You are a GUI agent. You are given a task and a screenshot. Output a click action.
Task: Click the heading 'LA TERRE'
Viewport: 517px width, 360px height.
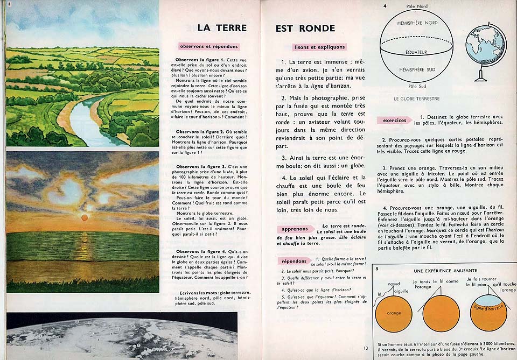tap(222, 28)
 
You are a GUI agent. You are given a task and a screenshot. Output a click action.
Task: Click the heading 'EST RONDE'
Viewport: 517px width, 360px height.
tap(305, 29)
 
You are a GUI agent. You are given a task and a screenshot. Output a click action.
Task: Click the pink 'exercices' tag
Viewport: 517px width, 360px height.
tap(394, 120)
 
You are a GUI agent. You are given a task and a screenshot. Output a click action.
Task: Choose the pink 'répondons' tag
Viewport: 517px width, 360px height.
tap(294, 261)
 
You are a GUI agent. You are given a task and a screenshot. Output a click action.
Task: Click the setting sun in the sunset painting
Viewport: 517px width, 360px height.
tap(84, 217)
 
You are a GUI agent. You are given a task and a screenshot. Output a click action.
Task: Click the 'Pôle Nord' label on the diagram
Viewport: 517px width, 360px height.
tap(417, 5)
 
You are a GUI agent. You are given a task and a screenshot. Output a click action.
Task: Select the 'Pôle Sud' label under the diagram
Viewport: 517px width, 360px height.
tap(417, 86)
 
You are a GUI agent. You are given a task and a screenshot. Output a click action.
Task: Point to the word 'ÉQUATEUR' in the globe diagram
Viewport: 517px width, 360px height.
tap(417, 52)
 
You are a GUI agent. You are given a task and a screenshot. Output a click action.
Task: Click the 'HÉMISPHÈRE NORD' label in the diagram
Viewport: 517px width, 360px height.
tap(417, 23)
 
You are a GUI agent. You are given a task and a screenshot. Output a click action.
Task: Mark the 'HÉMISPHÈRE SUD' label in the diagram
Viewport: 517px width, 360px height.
tap(417, 70)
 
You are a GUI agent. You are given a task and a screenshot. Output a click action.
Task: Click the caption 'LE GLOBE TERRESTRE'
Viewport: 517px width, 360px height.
tap(417, 99)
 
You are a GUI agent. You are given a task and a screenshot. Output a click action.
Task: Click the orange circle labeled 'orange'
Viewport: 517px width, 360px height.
tap(394, 313)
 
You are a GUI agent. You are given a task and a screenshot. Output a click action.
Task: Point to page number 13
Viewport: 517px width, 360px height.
tap(366, 348)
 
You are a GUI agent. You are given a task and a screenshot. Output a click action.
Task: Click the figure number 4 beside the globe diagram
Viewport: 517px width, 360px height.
tap(385, 6)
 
